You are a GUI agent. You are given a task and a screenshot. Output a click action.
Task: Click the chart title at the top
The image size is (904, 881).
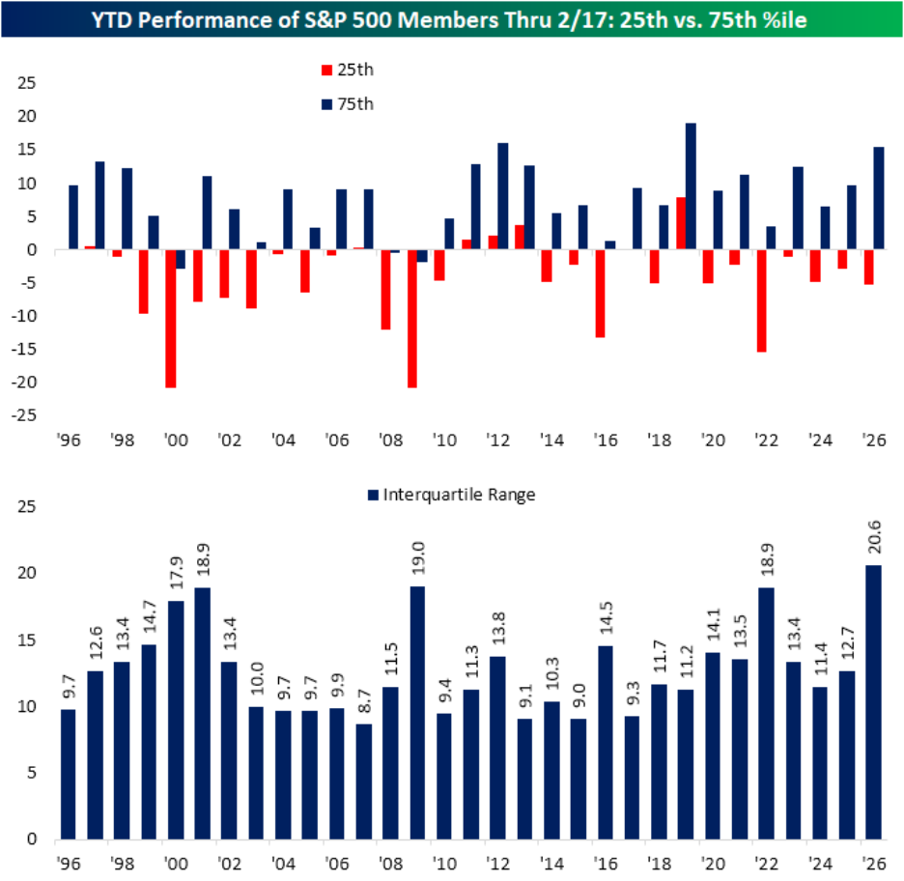pyautogui.click(x=451, y=18)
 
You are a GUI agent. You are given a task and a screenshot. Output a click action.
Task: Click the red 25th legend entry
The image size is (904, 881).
pyautogui.click(x=343, y=71)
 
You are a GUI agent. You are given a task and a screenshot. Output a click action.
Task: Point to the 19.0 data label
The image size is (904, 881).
pyautogui.click(x=417, y=559)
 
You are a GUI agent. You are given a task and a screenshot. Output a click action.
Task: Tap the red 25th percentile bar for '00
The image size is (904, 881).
pyautogui.click(x=170, y=318)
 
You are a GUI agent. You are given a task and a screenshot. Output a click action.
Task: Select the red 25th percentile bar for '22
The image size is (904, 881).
pyautogui.click(x=761, y=300)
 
